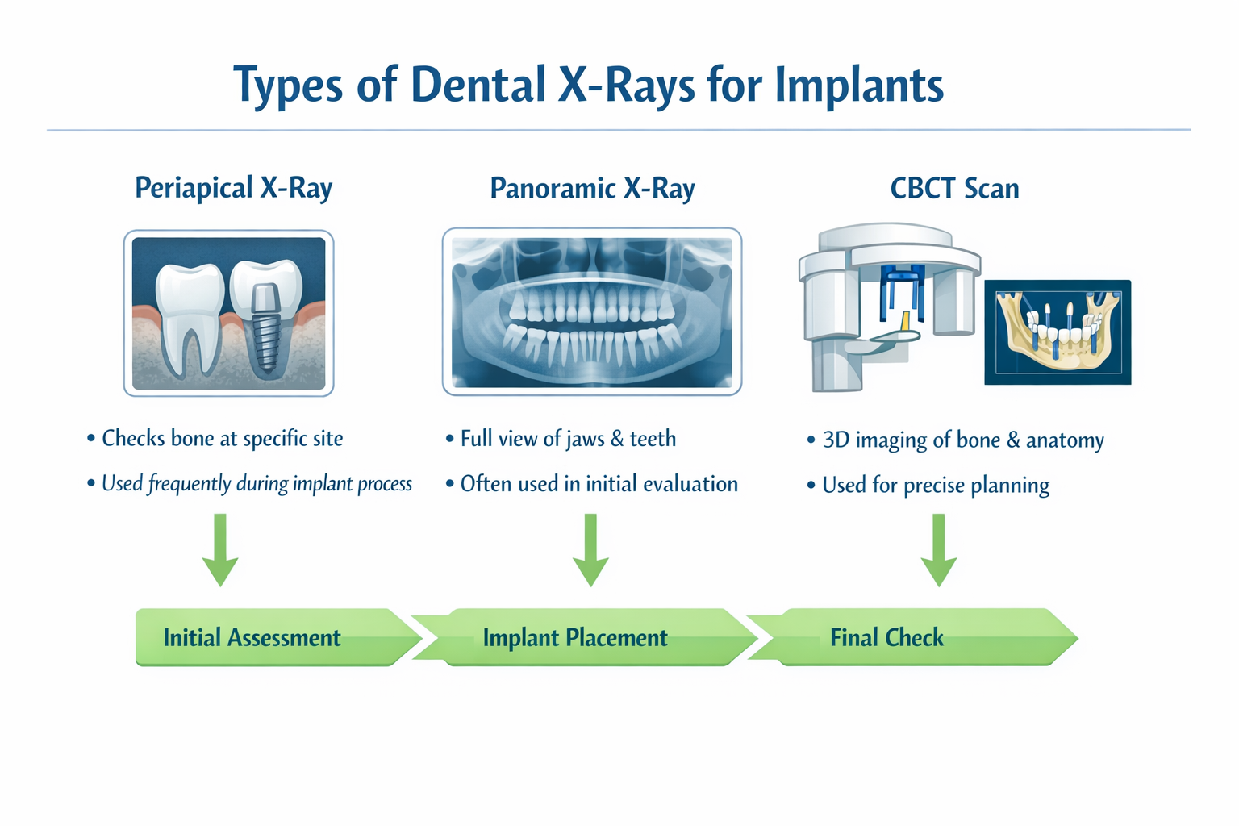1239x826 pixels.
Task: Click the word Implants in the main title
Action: tap(858, 85)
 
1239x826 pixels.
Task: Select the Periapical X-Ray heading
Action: tap(233, 188)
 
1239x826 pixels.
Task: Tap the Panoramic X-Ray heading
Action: tap(592, 188)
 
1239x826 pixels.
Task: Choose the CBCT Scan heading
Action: tap(954, 188)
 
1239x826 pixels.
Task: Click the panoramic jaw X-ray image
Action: tap(591, 312)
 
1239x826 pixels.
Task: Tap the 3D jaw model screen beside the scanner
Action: tap(1058, 332)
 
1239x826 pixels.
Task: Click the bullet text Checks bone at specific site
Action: tap(222, 439)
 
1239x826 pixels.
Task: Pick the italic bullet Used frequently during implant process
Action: tap(257, 484)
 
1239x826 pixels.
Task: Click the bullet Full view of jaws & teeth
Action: tap(568, 439)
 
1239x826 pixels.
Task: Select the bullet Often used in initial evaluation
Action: tap(599, 484)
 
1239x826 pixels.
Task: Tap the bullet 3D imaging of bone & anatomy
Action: tap(962, 440)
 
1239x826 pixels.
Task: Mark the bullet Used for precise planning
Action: tap(936, 486)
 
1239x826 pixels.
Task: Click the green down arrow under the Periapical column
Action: tap(220, 552)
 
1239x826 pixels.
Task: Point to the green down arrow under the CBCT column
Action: tap(938, 552)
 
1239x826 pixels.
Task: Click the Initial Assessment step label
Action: tap(252, 638)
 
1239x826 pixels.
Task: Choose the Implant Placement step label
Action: tap(574, 638)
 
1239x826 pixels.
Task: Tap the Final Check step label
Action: tap(886, 638)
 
